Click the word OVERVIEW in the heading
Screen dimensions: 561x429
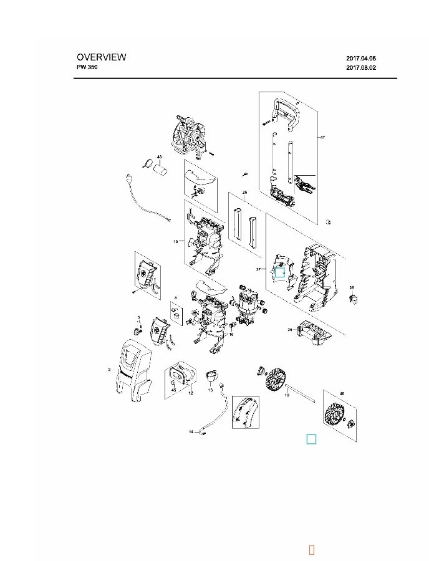101,57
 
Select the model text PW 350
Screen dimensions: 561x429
87,67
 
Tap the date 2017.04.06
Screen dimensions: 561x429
361,58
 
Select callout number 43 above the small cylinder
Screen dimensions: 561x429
159,157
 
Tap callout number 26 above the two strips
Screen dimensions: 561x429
244,193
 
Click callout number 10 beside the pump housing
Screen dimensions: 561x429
176,241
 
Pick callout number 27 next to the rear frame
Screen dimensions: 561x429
258,269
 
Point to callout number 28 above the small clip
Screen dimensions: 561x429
352,287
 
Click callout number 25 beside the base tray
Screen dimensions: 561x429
290,329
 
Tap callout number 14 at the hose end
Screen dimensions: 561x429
191,431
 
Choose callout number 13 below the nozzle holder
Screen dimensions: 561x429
211,390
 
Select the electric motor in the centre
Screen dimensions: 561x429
251,305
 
